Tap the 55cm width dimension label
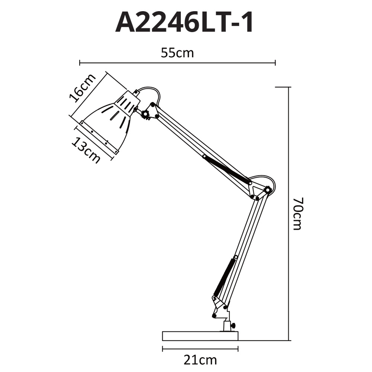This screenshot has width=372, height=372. coord(177,53)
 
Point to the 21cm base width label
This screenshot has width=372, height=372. coord(200,360)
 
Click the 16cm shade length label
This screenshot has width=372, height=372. coord(83,88)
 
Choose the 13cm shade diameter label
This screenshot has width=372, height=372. coord(86,150)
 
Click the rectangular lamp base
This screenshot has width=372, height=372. coord(200,336)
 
